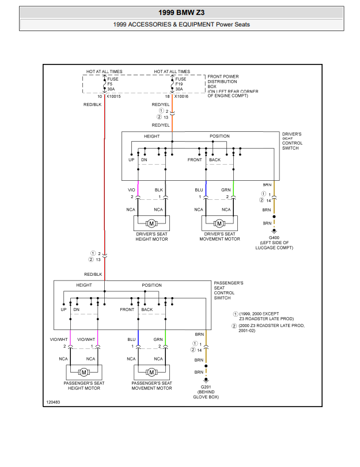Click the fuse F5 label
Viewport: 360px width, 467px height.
[x=110, y=83]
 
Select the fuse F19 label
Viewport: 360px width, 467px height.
[x=179, y=83]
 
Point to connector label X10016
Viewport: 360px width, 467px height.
[x=182, y=96]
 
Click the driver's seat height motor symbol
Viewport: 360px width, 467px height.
[x=152, y=223]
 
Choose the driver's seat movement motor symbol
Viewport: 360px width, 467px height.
[x=219, y=223]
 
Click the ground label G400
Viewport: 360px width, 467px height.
[x=274, y=237]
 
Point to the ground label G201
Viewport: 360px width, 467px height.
[x=206, y=387]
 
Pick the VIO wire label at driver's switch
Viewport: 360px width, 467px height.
[x=131, y=189]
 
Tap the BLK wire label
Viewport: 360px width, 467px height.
[x=159, y=189]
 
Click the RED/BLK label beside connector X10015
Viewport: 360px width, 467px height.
[x=92, y=105]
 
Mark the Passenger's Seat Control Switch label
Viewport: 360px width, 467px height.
[x=228, y=290]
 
